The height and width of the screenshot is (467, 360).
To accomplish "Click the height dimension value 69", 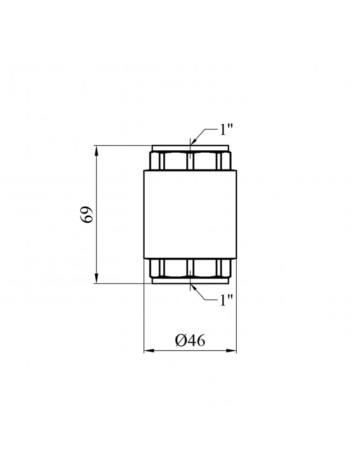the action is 87,214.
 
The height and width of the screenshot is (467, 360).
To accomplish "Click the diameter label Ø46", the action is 191,340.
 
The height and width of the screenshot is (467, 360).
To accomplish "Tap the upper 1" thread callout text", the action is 226,129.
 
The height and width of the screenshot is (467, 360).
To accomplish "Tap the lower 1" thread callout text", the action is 226,300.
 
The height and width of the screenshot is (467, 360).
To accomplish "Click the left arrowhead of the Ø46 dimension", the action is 149,351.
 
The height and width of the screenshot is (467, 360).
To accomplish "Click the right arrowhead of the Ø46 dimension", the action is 231,351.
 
